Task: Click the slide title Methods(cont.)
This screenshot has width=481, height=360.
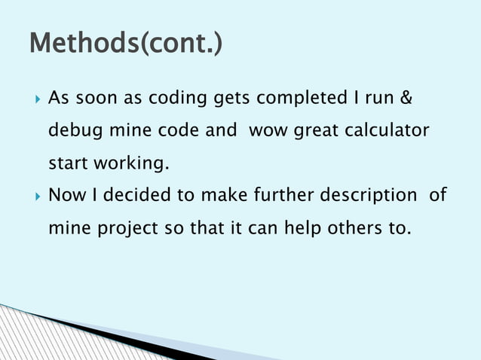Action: (x=125, y=43)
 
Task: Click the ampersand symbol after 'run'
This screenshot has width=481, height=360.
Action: (x=406, y=99)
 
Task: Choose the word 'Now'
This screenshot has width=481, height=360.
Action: (x=66, y=196)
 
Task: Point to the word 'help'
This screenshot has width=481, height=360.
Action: (x=305, y=228)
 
